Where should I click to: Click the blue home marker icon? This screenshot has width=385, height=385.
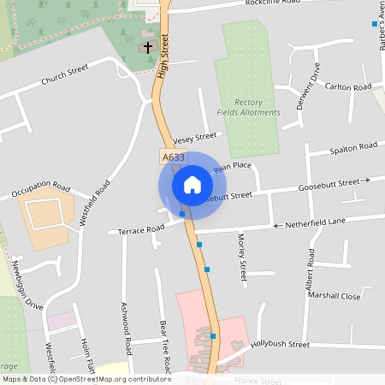pyautogui.click(x=192, y=184)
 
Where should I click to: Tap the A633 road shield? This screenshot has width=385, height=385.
pyautogui.click(x=172, y=157)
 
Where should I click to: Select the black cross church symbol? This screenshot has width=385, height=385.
pyautogui.click(x=148, y=47)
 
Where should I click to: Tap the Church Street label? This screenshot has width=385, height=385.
pyautogui.click(x=65, y=74)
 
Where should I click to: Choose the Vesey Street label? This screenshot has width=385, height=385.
pyautogui.click(x=195, y=137)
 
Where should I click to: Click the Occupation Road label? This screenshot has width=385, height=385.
pyautogui.click(x=41, y=189)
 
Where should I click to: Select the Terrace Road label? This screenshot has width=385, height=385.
pyautogui.click(x=141, y=229)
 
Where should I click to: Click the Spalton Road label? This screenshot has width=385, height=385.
pyautogui.click(x=354, y=148)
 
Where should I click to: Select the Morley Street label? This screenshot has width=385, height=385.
pyautogui.click(x=242, y=258)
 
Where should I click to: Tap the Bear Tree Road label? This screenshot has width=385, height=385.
pyautogui.click(x=163, y=347)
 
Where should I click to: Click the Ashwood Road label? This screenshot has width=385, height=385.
pyautogui.click(x=125, y=329)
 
